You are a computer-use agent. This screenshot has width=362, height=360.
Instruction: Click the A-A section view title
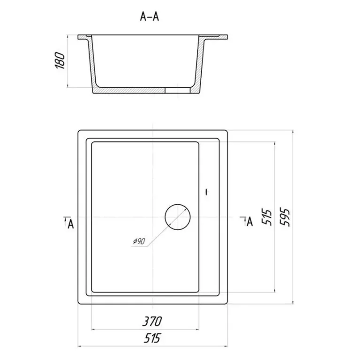pyautogui.click(x=150, y=16)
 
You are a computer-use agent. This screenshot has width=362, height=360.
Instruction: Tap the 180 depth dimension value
pyautogui.click(x=60, y=60)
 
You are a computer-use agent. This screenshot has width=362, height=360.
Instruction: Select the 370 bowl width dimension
pyautogui.click(x=152, y=321)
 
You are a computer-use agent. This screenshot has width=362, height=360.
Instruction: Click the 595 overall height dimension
pyautogui.click(x=285, y=217)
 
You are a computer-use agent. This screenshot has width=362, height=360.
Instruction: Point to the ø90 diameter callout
pyautogui.click(x=139, y=241)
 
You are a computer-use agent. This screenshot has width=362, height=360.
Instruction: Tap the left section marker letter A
pyautogui.click(x=71, y=224)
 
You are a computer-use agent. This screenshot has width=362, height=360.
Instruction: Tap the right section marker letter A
pyautogui.click(x=250, y=222)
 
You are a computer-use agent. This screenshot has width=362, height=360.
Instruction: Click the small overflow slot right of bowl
pyautogui.click(x=207, y=192)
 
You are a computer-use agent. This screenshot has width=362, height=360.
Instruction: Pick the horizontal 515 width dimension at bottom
pyautogui.click(x=152, y=338)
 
